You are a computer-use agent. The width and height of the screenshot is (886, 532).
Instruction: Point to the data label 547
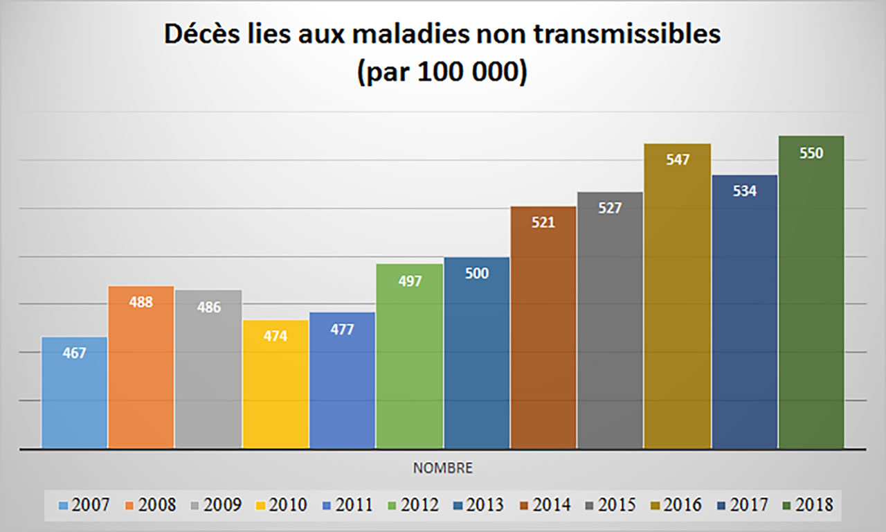pos(678,160)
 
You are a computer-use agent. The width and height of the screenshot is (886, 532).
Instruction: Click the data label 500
pos(476,274)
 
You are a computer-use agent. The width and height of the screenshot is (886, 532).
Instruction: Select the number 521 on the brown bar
pos(543,223)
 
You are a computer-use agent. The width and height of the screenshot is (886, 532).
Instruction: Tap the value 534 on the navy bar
pos(745,191)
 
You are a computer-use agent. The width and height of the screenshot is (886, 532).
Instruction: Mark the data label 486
pos(208,307)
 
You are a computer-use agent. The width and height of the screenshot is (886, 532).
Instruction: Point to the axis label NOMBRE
pos(443,468)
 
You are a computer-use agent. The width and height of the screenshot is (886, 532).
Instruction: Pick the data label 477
pos(343,329)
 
